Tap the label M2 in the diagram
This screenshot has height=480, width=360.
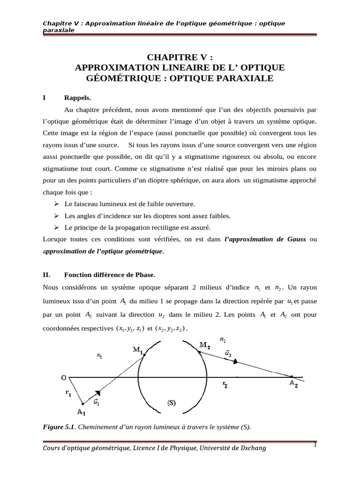pos(204,345)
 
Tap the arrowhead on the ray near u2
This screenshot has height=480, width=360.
pos(236,361)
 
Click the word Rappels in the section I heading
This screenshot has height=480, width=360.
pos(77,98)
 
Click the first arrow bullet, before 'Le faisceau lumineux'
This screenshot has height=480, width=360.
pos(56,204)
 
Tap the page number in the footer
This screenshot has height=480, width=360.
pos(315,445)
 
